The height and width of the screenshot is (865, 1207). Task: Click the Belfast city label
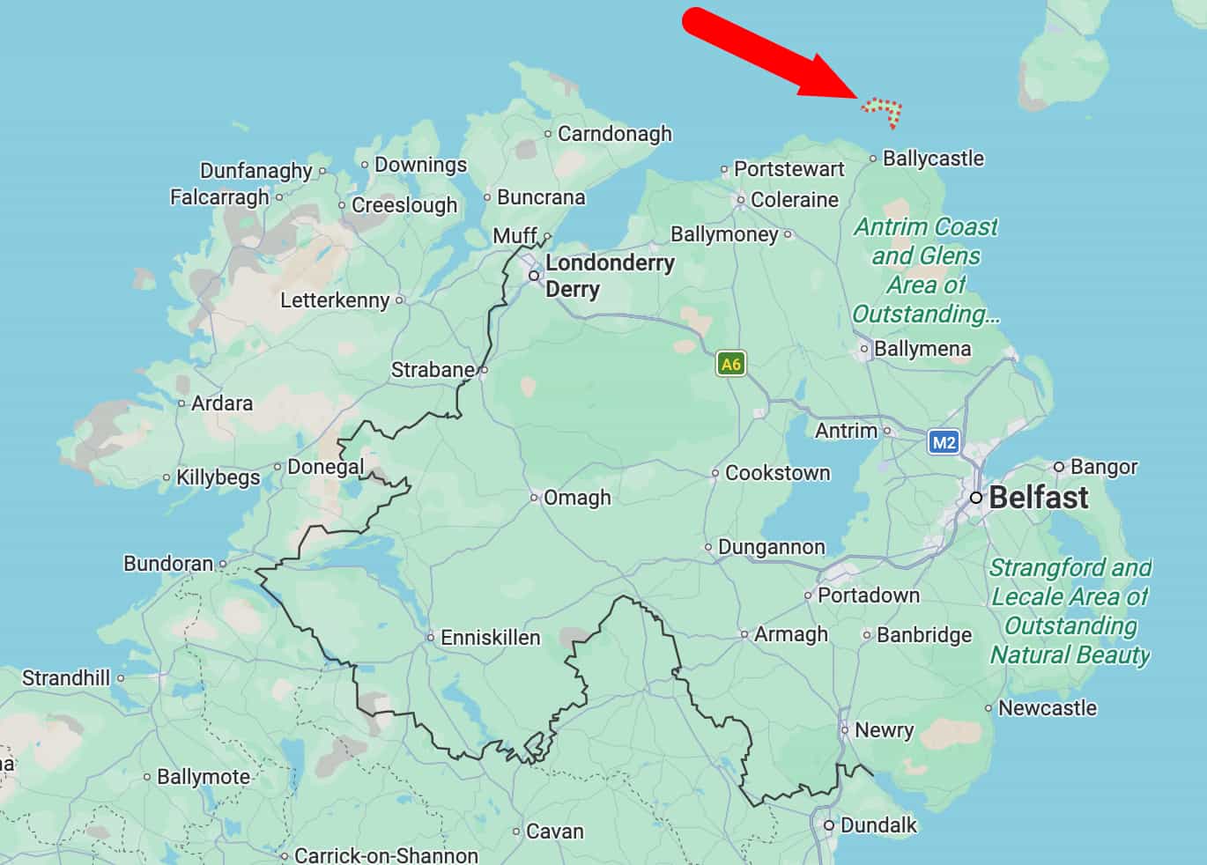(x=1038, y=498)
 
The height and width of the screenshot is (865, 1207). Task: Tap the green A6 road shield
(x=730, y=364)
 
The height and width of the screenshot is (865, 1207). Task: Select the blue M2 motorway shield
(x=944, y=442)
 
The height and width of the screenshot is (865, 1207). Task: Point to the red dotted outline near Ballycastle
(x=883, y=110)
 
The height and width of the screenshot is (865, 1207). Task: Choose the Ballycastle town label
(x=933, y=159)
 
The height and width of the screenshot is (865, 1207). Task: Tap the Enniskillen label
(x=490, y=637)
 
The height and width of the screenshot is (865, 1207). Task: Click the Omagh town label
(x=577, y=498)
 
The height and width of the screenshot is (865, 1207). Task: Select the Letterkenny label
(x=335, y=300)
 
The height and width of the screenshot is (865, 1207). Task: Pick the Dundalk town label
(x=878, y=825)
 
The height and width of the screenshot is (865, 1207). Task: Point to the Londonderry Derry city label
(x=610, y=276)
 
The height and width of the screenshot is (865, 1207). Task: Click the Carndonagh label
(x=614, y=134)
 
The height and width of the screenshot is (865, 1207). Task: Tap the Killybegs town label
(x=218, y=477)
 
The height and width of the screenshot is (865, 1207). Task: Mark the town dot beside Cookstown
(x=715, y=474)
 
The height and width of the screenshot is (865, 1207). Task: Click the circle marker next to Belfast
(x=976, y=498)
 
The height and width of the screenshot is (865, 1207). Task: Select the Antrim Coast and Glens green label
(x=925, y=270)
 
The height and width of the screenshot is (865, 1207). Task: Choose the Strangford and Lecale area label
(x=1070, y=610)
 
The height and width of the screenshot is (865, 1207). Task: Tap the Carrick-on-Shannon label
(x=386, y=855)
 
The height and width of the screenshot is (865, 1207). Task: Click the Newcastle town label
(x=1048, y=708)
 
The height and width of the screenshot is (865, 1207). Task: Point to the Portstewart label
(x=789, y=169)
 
